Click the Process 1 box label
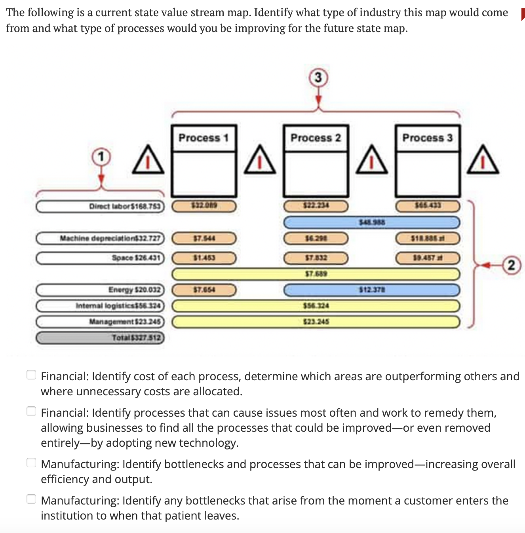[204, 138]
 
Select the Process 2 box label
[316, 138]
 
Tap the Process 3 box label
[427, 138]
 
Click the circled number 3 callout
[318, 77]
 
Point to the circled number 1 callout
[101, 157]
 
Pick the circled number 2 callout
[511, 265]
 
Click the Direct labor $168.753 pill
[100, 207]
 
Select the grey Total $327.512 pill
[100, 338]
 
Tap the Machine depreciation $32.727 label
[100, 238]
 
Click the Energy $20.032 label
[100, 290]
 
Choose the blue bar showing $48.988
[372, 222]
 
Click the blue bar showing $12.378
[372, 290]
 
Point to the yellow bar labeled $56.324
[316, 305]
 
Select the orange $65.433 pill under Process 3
[428, 206]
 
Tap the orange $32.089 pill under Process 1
[204, 206]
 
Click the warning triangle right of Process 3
[483, 160]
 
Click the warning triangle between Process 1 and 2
[260, 160]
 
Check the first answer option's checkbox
[31, 374]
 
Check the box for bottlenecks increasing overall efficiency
[31, 462]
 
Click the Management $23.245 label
[100, 321]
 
